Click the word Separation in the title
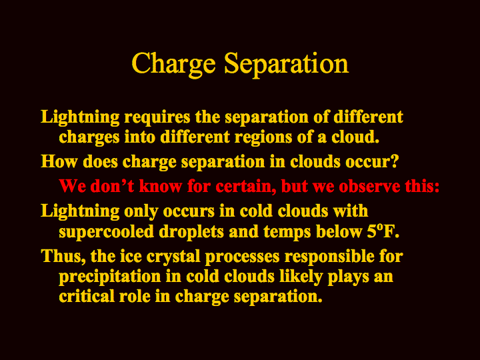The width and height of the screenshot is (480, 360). coord(287,64)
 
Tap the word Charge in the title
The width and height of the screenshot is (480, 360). coord(173,65)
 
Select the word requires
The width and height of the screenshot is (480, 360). coord(157,118)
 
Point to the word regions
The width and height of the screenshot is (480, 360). coord(263,137)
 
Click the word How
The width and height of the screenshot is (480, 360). coord(59,161)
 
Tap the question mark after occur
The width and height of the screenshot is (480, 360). coord(394,161)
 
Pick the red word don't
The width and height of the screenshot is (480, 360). coord(113,186)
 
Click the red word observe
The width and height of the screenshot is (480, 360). coord(369,187)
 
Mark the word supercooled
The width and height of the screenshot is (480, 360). coord(106,232)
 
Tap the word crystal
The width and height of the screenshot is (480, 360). coord(173,257)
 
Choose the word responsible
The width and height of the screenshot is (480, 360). coord(329,256)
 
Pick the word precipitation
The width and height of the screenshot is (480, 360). coord(110,277)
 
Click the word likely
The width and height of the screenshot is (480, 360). coord(301,277)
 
